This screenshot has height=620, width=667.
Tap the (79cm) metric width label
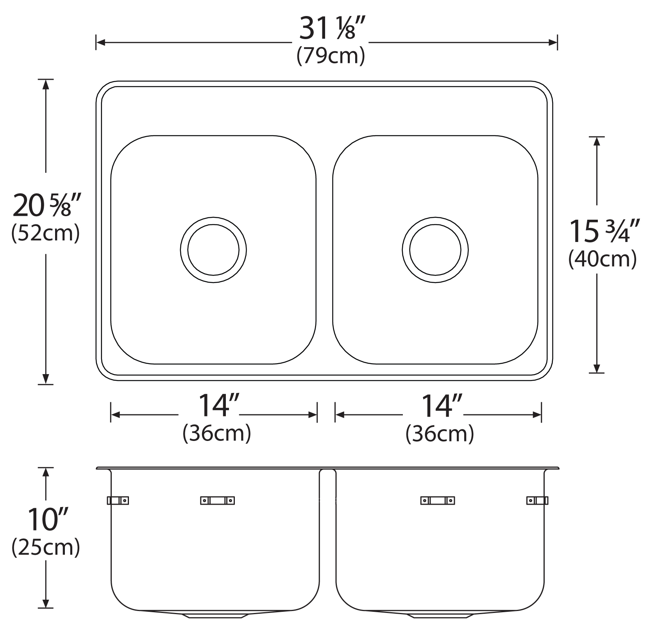pos(331,56)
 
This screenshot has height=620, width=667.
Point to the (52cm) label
pos(46,233)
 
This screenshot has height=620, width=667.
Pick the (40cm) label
pos(603,259)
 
